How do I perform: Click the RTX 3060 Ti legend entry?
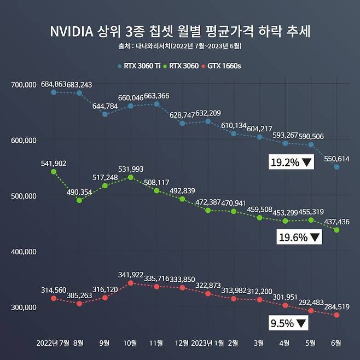[x=140, y=66]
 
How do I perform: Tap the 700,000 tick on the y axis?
[x=23, y=84]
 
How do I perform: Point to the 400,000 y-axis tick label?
[x=23, y=252]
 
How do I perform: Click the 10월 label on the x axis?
[x=130, y=344]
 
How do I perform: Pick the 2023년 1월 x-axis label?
[x=207, y=344]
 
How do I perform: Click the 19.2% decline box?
[x=291, y=162]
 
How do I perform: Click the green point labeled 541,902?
[x=54, y=172]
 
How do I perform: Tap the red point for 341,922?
[x=130, y=283]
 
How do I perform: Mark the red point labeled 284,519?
[x=336, y=315]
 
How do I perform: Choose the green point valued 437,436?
[x=336, y=230]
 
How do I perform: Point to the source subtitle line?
[x=180, y=47]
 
